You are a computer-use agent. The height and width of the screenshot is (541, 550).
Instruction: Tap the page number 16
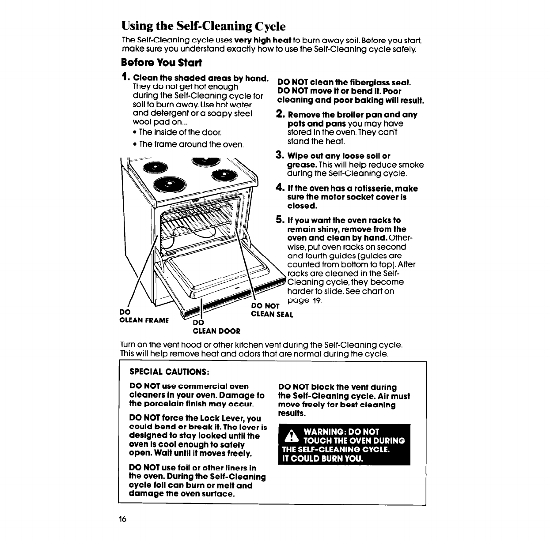coord(123,519)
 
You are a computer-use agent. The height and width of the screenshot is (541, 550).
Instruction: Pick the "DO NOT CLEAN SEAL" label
coord(271,310)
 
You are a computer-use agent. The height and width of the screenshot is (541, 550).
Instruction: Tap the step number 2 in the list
coord(280,114)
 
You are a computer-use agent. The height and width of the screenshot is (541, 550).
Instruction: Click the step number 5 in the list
coord(280,220)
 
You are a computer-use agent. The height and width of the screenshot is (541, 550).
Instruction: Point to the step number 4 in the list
coord(280,188)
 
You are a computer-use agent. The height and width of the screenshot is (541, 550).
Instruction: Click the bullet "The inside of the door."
coord(180,132)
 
